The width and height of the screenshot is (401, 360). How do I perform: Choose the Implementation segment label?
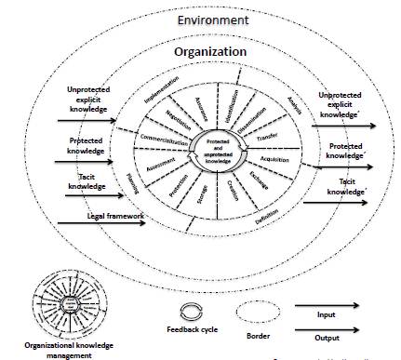pyautogui.click(x=159, y=97)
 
